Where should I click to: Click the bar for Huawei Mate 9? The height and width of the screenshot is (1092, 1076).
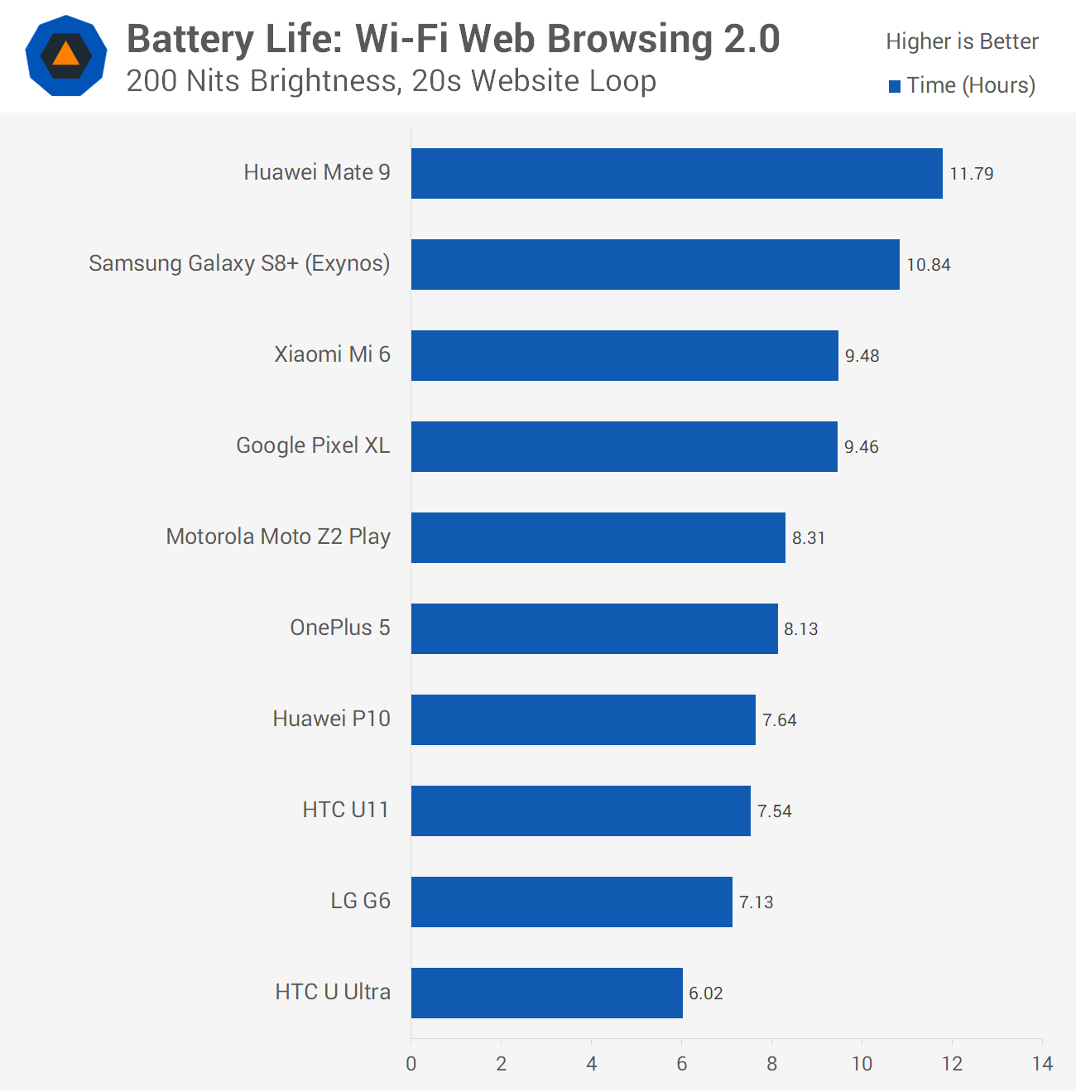pos(676,174)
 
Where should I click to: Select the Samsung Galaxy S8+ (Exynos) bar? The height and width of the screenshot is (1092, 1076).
pos(655,265)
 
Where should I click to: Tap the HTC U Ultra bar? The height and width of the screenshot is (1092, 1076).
pos(546,993)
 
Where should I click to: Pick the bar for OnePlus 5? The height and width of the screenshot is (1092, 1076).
pos(594,629)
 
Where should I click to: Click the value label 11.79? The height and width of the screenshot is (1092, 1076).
pos(971,174)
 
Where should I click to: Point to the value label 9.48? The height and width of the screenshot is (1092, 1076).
pos(862,356)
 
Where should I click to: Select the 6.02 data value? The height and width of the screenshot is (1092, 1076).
pos(705,993)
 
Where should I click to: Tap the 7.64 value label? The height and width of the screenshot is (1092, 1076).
pos(779,720)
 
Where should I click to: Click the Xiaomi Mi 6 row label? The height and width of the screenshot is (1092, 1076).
pos(332,354)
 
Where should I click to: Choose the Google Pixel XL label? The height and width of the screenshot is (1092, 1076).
pos(313,445)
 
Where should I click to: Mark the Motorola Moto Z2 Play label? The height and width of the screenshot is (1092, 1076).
pos(278,536)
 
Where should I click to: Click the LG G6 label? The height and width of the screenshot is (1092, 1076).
pos(360,901)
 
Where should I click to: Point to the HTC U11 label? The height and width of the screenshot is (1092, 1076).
pos(345,810)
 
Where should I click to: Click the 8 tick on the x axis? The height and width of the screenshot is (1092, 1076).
pos(771,1064)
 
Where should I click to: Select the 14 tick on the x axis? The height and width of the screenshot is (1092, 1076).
pos(1042,1064)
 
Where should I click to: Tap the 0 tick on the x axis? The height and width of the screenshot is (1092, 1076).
pos(411,1064)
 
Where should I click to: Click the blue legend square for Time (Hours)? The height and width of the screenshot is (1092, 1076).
pos(895,86)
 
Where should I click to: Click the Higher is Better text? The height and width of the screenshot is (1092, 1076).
pos(962,41)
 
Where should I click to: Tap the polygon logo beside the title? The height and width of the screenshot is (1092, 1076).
pos(66,55)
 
